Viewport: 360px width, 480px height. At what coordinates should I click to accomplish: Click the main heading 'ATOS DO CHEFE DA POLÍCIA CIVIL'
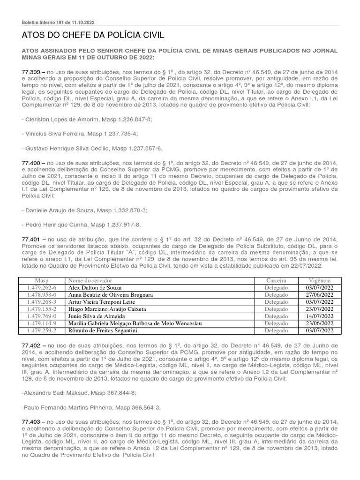(x=93, y=36)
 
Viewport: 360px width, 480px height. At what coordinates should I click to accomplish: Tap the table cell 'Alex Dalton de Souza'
(x=94, y=287)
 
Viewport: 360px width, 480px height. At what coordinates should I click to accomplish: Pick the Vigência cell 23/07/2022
(x=319, y=309)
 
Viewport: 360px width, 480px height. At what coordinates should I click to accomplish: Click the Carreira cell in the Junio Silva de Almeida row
(x=276, y=316)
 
